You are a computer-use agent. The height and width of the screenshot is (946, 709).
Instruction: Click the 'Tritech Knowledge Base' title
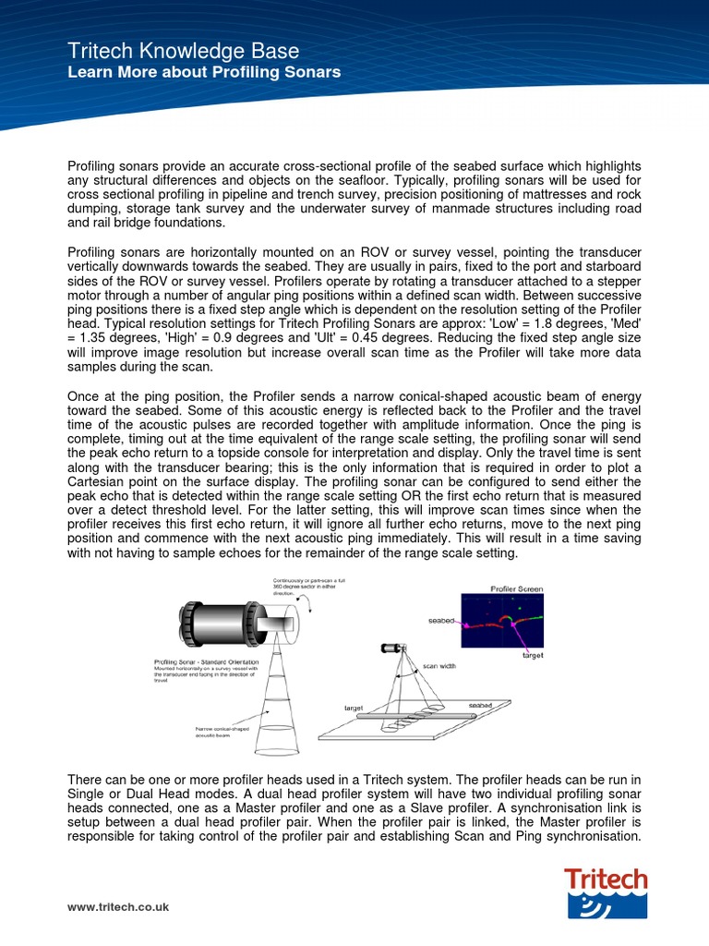click(x=183, y=51)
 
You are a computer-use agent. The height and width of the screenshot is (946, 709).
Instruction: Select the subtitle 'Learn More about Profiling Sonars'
click(x=204, y=72)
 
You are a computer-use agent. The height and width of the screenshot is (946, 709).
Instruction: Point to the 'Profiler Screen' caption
click(x=516, y=588)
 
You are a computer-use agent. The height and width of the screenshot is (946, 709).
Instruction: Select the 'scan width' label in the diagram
click(x=439, y=665)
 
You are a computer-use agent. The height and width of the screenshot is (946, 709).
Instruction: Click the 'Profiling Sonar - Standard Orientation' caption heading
click(x=206, y=662)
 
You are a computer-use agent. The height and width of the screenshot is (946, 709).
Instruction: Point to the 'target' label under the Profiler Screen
click(x=533, y=655)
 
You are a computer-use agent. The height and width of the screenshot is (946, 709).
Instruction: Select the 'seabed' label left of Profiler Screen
click(x=441, y=621)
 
